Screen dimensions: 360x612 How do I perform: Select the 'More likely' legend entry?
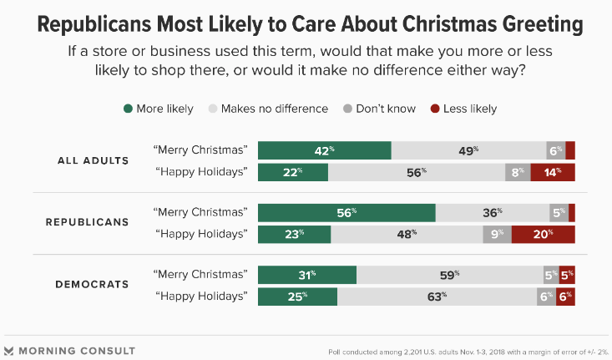pyautogui.click(x=158, y=109)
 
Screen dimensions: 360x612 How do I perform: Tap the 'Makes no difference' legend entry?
pyautogui.click(x=266, y=109)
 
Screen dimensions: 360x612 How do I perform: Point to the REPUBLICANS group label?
pyautogui.click(x=87, y=222)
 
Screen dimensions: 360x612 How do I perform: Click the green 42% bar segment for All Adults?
pyautogui.click(x=325, y=150)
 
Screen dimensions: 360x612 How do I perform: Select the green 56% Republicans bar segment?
pyautogui.click(x=346, y=212)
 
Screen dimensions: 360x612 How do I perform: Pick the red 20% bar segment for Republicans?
pyautogui.click(x=543, y=235)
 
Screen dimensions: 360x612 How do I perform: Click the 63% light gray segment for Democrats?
pyautogui.click(x=437, y=297)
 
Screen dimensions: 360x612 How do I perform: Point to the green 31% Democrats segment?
pyautogui.click(x=307, y=275)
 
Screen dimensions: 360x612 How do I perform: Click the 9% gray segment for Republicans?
pyautogui.click(x=497, y=235)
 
